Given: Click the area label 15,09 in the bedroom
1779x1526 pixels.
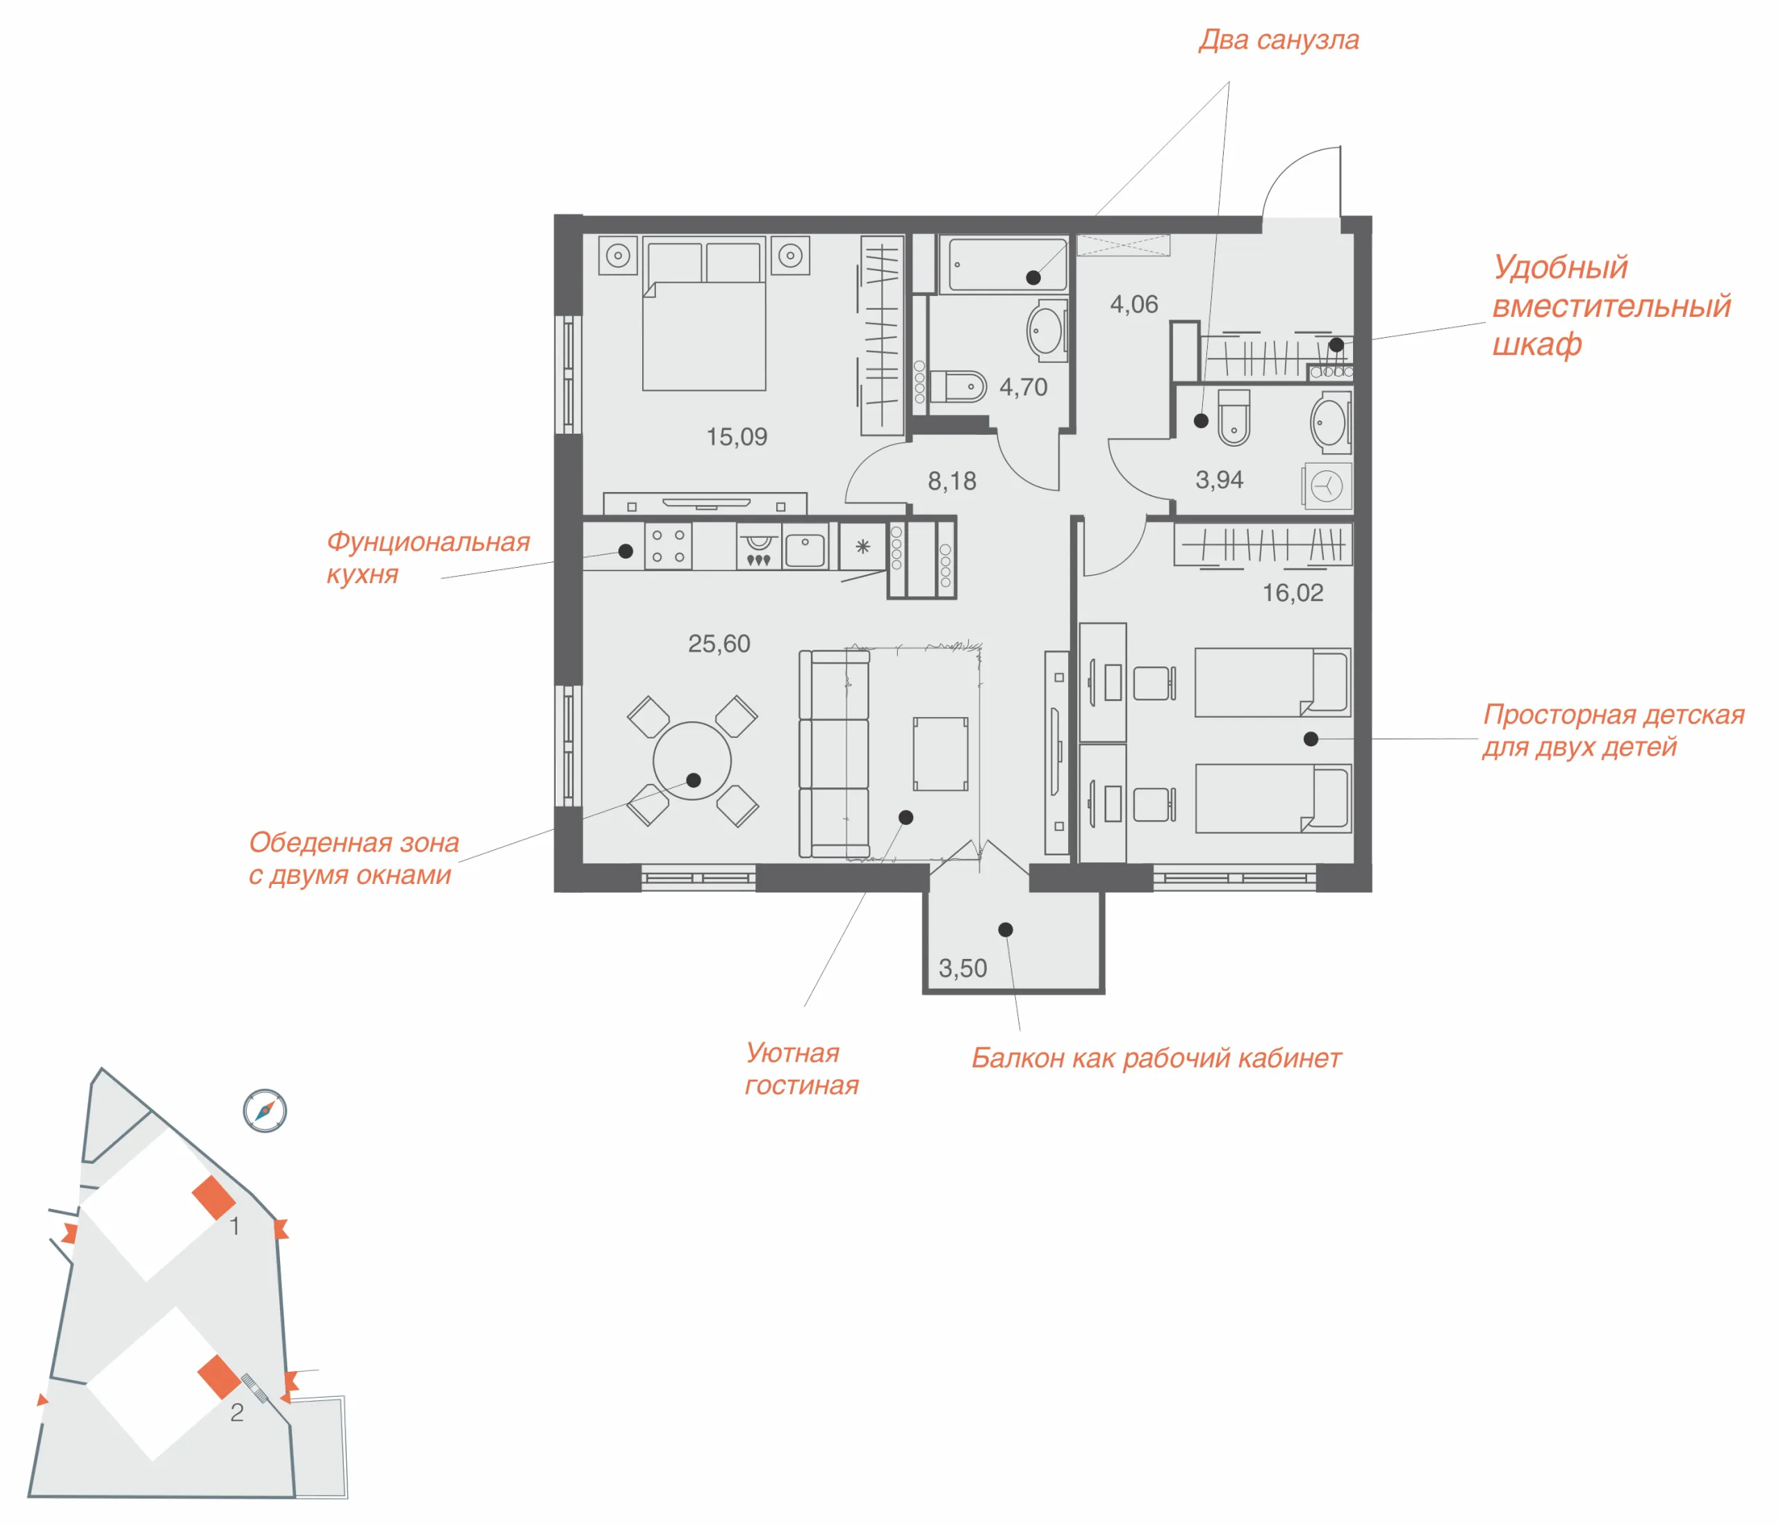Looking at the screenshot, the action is click(737, 437).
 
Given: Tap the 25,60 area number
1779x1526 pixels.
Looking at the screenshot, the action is click(719, 643).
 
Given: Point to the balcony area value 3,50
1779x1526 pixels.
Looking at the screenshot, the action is click(962, 969).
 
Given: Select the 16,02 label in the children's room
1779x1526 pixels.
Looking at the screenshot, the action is click(1292, 593).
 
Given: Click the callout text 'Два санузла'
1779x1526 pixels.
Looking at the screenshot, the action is click(1279, 40).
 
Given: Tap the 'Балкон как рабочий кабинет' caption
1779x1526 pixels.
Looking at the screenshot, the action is click(1156, 1058).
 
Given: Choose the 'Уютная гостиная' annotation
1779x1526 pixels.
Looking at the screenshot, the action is click(801, 1069).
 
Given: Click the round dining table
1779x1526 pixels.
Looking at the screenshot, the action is click(692, 761).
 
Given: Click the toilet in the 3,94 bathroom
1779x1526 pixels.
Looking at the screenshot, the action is click(1233, 418).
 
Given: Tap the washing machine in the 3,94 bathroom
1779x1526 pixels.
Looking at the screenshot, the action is click(1327, 486).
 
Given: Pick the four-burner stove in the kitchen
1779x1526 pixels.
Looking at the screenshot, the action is click(668, 546).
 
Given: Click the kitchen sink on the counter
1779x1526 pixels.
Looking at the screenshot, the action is click(805, 550).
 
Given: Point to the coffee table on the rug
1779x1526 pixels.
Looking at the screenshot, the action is click(940, 754).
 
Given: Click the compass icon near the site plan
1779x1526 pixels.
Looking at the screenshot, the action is click(265, 1110).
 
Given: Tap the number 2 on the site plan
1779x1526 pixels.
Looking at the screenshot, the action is click(237, 1413).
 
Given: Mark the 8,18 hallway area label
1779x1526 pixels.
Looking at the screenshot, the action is click(951, 482).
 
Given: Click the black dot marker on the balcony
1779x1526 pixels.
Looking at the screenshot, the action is click(1006, 930).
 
